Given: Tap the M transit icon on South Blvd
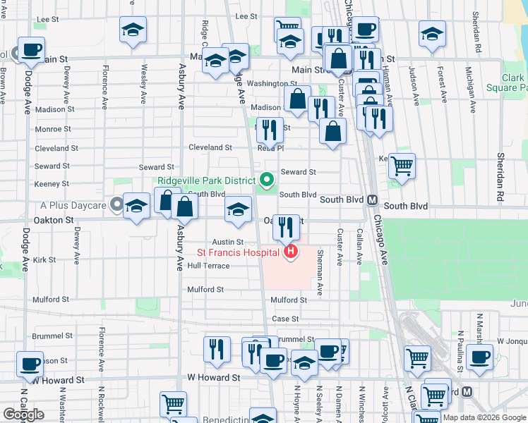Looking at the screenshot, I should [x=371, y=200].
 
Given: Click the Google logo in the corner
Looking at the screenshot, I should [x=23, y=415].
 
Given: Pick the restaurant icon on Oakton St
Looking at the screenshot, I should [x=286, y=226].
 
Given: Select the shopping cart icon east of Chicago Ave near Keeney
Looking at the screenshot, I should [x=402, y=166].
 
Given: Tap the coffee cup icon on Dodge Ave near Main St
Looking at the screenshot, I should [x=30, y=49].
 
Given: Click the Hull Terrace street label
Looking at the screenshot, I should [x=208, y=266].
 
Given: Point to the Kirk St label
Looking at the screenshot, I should [x=44, y=260].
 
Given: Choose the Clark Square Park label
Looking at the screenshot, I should [x=505, y=83].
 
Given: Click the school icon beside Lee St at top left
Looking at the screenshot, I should [x=133, y=30].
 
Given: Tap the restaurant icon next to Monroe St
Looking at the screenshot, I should [x=269, y=129].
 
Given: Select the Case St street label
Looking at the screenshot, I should [x=285, y=319].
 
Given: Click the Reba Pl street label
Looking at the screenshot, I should [x=270, y=148].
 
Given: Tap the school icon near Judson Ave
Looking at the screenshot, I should [x=432, y=33].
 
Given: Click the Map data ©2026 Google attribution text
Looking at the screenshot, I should [x=484, y=417].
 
